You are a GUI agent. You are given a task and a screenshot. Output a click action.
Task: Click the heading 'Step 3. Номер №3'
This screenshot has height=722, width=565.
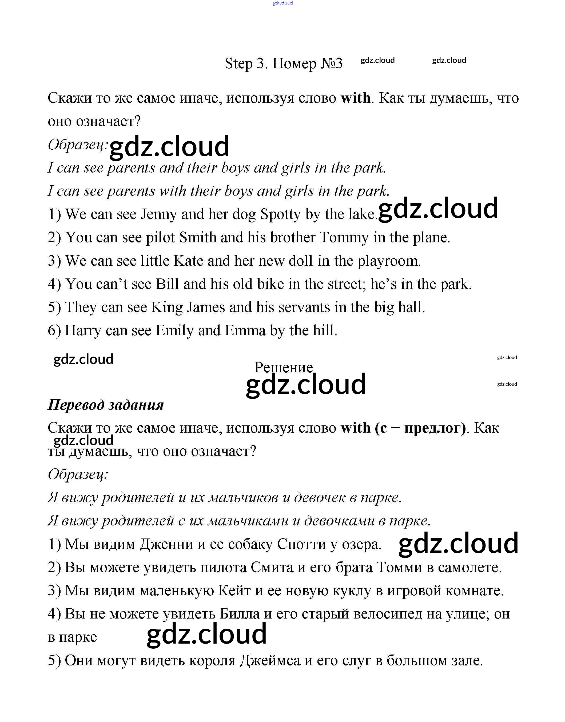pyautogui.click(x=284, y=63)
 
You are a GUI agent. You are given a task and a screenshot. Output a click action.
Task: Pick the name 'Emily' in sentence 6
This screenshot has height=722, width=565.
pyautogui.click(x=174, y=330)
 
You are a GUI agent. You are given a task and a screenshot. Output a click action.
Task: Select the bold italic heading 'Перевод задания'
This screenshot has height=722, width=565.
pyautogui.click(x=106, y=405)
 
